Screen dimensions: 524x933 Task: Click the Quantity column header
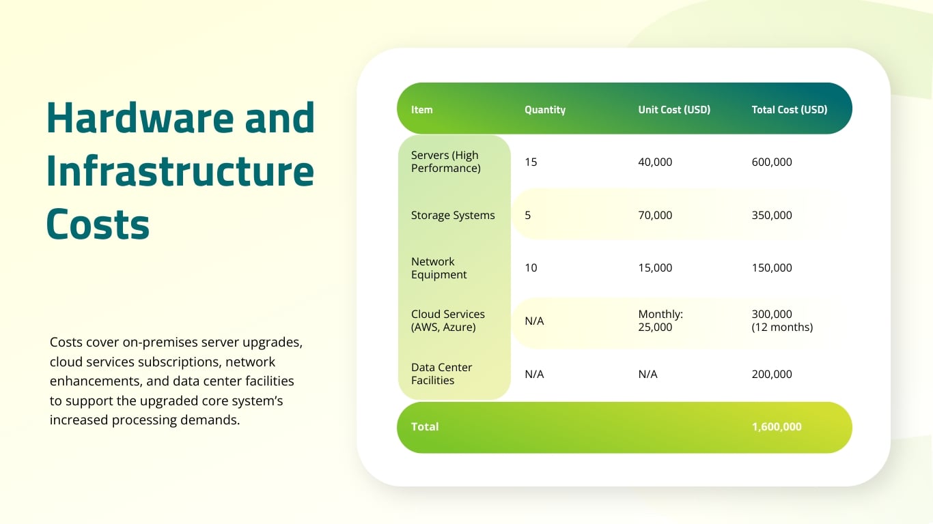click(x=544, y=109)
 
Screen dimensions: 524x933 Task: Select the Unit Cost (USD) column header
click(x=673, y=109)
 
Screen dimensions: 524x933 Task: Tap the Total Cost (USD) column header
click(x=789, y=109)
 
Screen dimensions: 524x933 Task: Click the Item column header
click(x=421, y=109)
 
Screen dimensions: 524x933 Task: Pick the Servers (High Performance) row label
click(x=445, y=162)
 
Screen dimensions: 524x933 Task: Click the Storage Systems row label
click(x=452, y=215)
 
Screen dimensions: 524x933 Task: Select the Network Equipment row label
click(x=438, y=267)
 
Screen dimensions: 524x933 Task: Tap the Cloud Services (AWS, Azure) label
click(x=447, y=321)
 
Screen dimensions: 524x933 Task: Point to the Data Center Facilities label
click(x=441, y=374)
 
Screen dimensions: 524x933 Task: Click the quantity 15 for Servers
click(x=531, y=162)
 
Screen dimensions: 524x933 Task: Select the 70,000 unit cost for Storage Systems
click(x=654, y=215)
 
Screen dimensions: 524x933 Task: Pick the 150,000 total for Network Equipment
click(x=771, y=267)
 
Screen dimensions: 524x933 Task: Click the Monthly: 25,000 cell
click(x=660, y=321)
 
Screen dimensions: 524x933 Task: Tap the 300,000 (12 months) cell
click(x=781, y=321)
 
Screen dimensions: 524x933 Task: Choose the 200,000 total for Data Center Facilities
click(x=771, y=374)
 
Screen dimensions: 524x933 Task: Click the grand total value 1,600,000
click(x=776, y=426)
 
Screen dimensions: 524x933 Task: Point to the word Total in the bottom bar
click(x=424, y=426)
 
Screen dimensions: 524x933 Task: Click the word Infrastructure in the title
click(x=180, y=171)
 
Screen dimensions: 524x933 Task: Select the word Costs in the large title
click(x=98, y=224)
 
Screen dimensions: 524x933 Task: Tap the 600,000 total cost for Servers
click(x=771, y=162)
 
